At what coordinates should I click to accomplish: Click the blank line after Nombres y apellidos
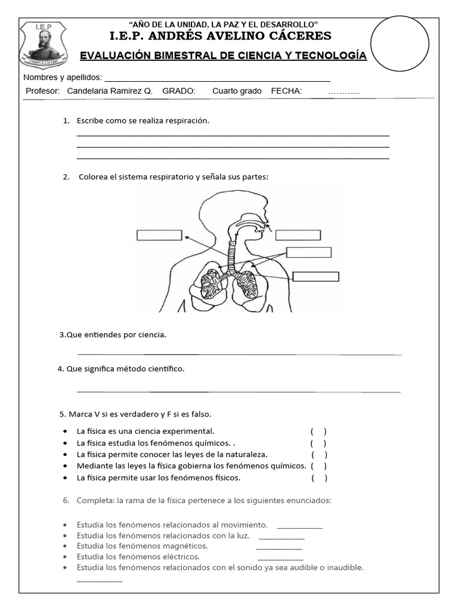tap(217, 78)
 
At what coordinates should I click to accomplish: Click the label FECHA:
tap(286, 91)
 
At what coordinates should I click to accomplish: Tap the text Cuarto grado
tap(237, 91)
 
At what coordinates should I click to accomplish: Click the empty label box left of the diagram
tap(159, 235)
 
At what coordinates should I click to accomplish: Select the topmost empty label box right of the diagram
tap(298, 234)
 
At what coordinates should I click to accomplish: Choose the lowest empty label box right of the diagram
tap(316, 276)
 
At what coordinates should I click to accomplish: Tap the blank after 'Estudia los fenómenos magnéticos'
tap(279, 546)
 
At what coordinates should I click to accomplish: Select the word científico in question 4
tap(163, 369)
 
